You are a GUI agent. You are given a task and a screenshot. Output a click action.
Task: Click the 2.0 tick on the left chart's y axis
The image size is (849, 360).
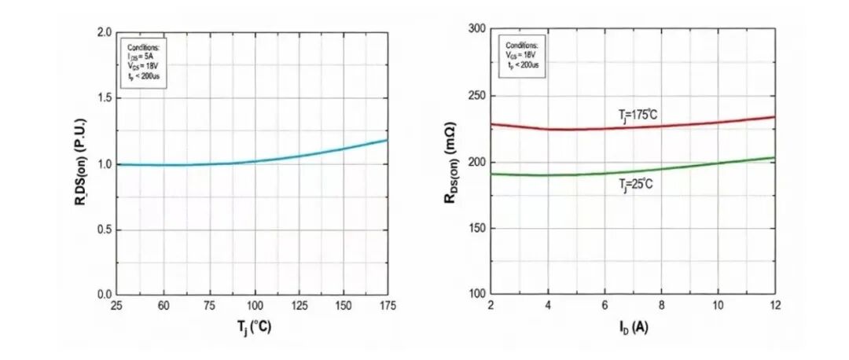coord(105,32)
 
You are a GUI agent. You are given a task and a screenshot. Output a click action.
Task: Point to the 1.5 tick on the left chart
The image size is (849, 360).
coord(105,98)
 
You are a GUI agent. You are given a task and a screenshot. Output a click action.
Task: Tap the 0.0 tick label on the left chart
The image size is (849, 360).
coord(105,295)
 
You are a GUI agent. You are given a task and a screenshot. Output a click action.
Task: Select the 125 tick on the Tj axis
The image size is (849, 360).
coord(299,305)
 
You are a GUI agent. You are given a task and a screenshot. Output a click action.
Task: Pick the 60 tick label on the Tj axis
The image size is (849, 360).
coord(163,305)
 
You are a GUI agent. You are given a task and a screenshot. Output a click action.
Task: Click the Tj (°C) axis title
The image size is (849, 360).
coord(253,328)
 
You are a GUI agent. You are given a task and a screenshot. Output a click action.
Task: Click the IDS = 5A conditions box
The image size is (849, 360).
coord(141,61)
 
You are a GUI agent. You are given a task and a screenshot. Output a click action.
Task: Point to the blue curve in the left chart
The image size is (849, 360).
coord(299,156)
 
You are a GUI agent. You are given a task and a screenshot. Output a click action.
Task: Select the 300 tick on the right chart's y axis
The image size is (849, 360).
coord(473,29)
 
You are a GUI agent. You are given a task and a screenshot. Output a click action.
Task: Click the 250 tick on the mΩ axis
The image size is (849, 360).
coord(473,96)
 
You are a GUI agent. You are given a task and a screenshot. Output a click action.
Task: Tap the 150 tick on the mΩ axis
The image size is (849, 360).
coord(473,229)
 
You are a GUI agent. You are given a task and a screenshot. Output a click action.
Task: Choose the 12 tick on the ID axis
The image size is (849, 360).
coord(774,305)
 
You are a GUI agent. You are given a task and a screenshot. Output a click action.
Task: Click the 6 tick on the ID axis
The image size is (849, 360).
coord(605,305)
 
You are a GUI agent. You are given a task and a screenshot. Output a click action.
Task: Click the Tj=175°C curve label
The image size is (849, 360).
coord(638,115)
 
